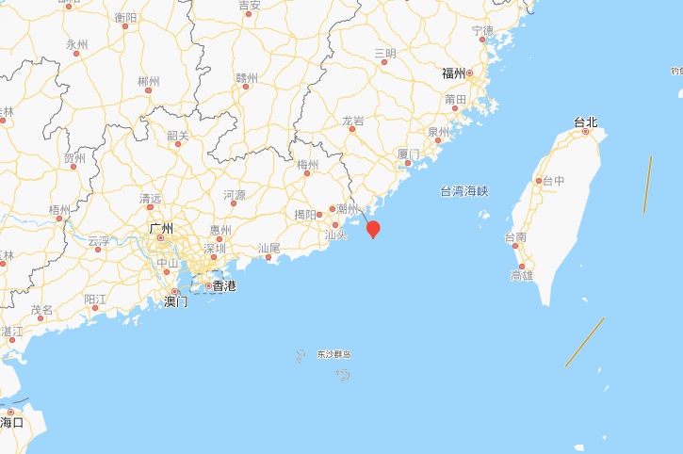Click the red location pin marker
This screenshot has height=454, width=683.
click(x=373, y=229)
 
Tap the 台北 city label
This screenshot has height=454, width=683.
click(x=586, y=122)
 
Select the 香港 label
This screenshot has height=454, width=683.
click(x=224, y=285)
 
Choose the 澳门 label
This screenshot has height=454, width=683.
click(x=176, y=301)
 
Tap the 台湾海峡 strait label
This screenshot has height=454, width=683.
click(x=464, y=191)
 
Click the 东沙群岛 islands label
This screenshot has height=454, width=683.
click(x=333, y=354)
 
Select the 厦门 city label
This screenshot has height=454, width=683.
click(x=409, y=153)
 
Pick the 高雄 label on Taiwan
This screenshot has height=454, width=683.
click(x=521, y=275)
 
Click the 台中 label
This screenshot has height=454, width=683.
click(x=552, y=181)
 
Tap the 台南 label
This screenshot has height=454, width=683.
click(x=516, y=237)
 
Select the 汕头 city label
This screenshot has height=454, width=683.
click(x=335, y=235)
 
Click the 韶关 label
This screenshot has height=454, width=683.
click(x=178, y=136)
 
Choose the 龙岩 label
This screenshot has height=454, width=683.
click(x=353, y=121)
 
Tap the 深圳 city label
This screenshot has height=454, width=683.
click(x=215, y=249)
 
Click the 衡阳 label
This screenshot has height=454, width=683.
click(x=125, y=17)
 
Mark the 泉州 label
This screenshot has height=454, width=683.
click(x=439, y=132)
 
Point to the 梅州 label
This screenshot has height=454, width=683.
click(x=308, y=165)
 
